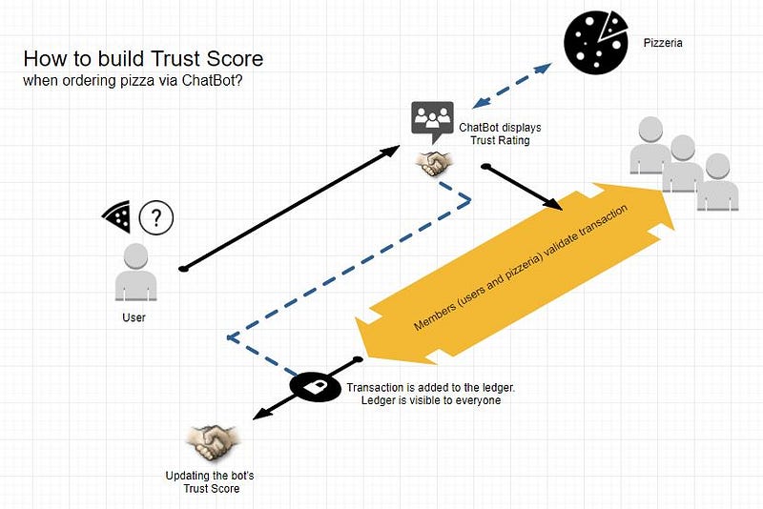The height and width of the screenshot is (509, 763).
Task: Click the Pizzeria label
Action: pyautogui.click(x=663, y=43)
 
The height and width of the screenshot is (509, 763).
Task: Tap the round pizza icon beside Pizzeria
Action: pyautogui.click(x=594, y=43)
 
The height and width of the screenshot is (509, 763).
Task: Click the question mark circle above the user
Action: pyautogui.click(x=156, y=217)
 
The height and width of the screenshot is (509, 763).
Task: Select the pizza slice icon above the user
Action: pyautogui.click(x=116, y=216)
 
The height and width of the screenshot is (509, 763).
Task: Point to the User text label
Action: pyautogui.click(x=134, y=317)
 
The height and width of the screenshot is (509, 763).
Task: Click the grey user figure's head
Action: pyautogui.click(x=135, y=256)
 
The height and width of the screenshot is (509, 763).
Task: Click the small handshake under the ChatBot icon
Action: pyautogui.click(x=434, y=164)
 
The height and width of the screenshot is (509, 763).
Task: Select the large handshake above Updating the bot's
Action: pyautogui.click(x=213, y=442)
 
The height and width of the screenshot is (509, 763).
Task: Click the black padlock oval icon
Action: pyautogui.click(x=316, y=387)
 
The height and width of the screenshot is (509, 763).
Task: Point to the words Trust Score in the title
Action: pyautogui.click(x=207, y=59)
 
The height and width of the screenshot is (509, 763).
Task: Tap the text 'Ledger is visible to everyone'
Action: pyautogui.click(x=431, y=400)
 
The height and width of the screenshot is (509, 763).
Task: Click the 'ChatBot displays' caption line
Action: pyautogui.click(x=500, y=128)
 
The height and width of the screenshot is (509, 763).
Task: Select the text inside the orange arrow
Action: pyautogui.click(x=520, y=268)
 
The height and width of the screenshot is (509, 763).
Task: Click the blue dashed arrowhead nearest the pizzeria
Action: pyautogui.click(x=543, y=68)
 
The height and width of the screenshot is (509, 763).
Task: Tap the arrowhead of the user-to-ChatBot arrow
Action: pyautogui.click(x=390, y=151)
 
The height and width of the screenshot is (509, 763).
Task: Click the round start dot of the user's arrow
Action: pyautogui.click(x=183, y=269)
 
